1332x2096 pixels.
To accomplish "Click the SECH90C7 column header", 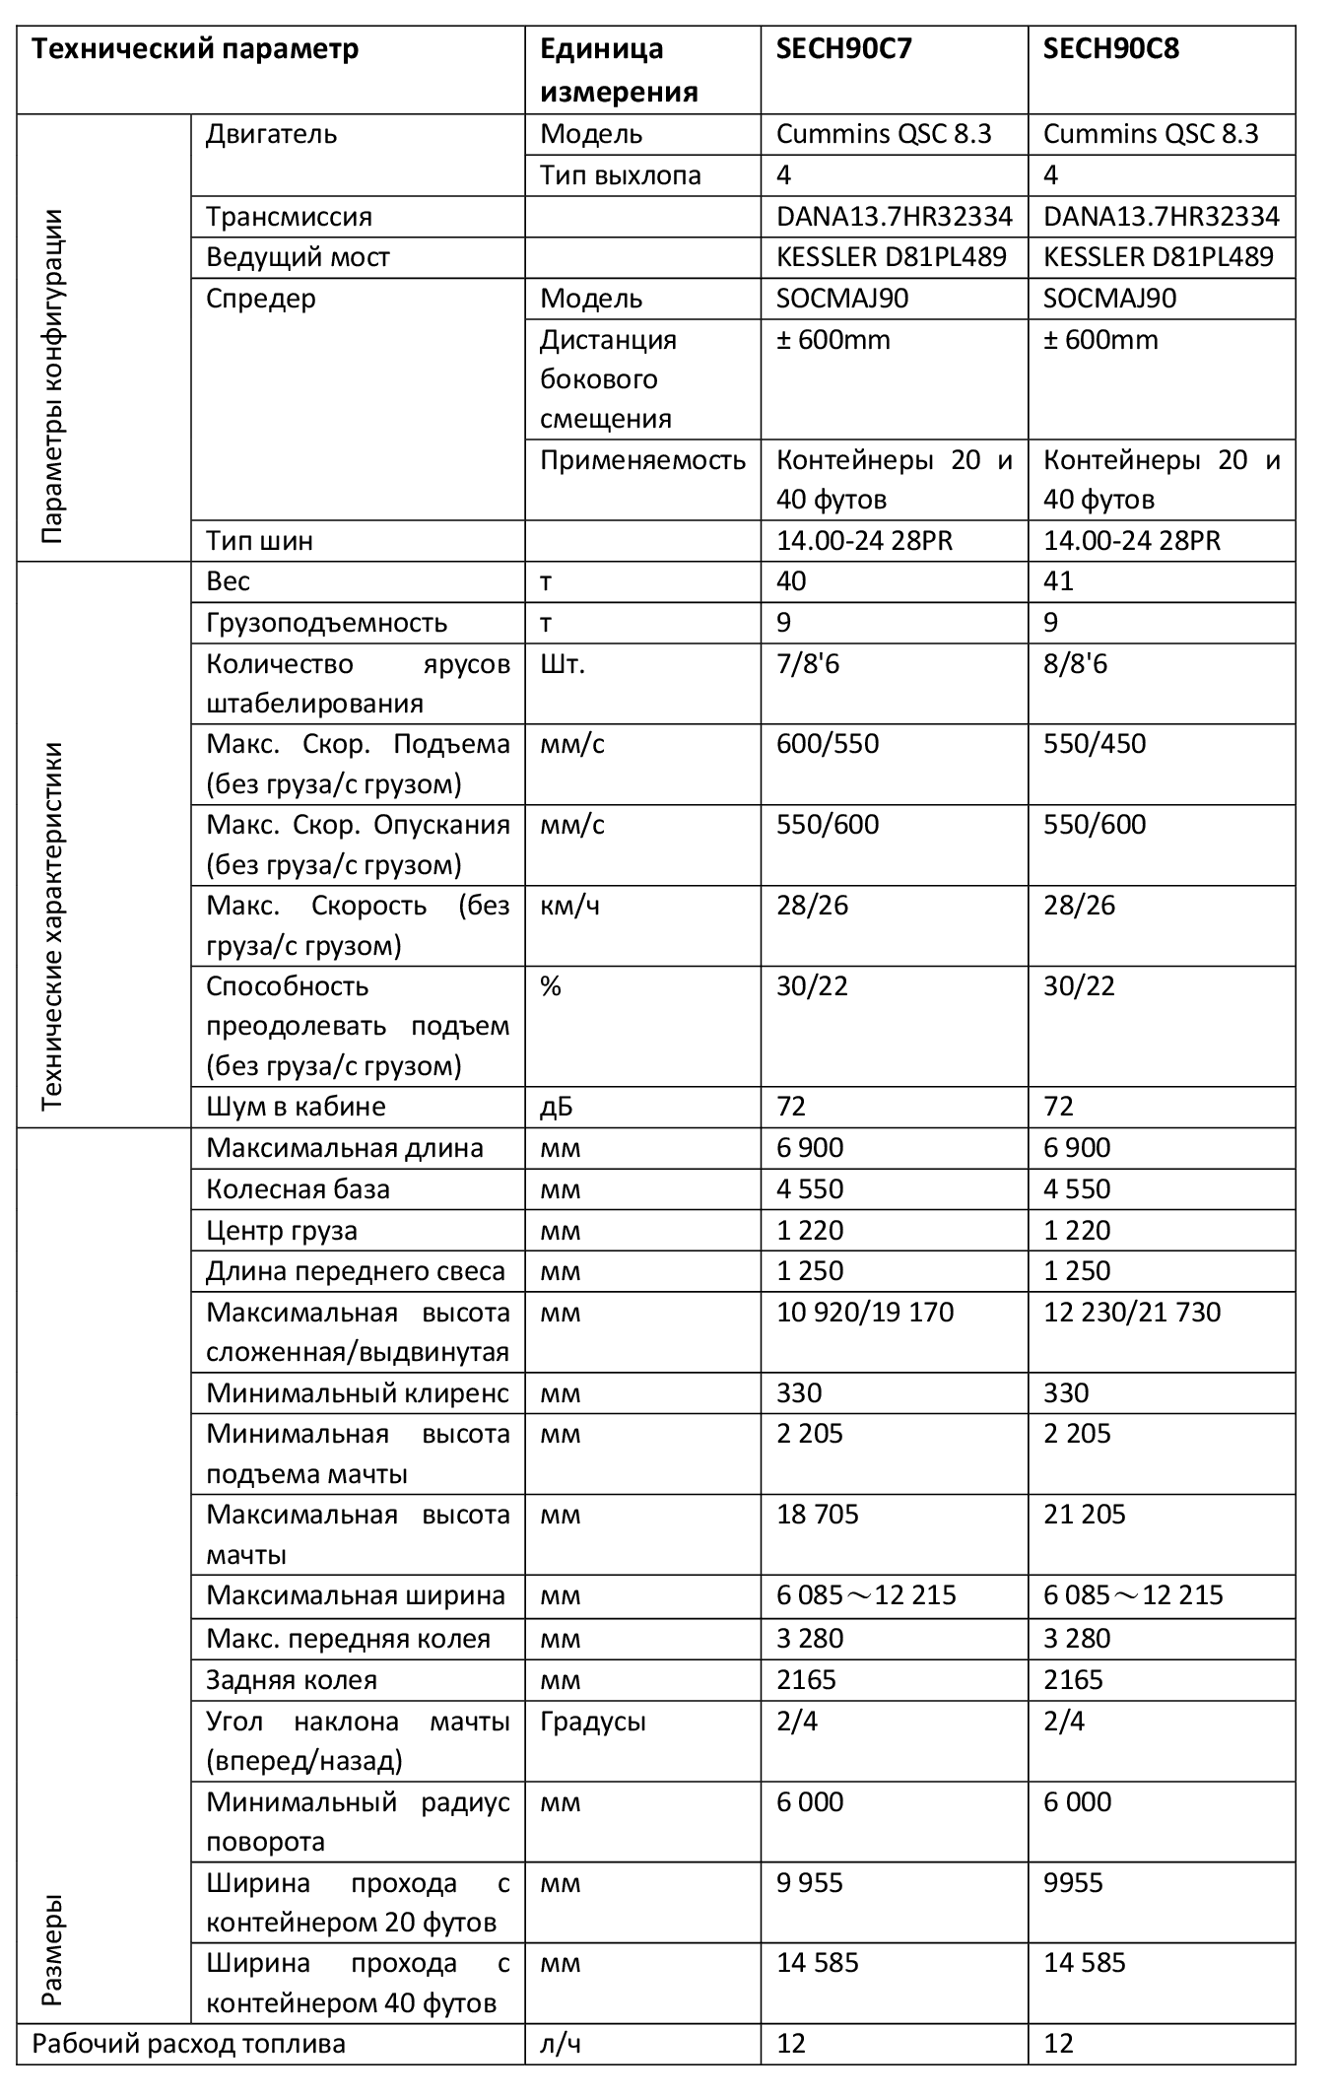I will pyautogui.click(x=843, y=49).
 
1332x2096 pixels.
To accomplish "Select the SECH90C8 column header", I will pyautogui.click(x=1110, y=49).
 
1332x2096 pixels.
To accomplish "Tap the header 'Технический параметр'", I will pyautogui.click(x=195, y=49).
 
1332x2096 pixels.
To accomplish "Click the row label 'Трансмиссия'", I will pyautogui.click(x=289, y=217).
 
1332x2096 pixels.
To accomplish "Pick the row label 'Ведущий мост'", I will pyautogui.click(x=298, y=257).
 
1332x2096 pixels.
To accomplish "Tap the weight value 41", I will pyautogui.click(x=1058, y=581).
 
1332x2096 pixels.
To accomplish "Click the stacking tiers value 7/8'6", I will pyautogui.click(x=808, y=664).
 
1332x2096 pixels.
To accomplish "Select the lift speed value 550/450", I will pyautogui.click(x=1095, y=744).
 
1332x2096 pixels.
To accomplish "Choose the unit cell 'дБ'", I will pyautogui.click(x=557, y=1107).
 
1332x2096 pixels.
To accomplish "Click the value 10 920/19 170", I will pyautogui.click(x=865, y=1313).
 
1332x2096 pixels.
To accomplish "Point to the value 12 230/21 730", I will pyautogui.click(x=1132, y=1313).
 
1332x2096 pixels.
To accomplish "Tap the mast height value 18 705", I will pyautogui.click(x=818, y=1515).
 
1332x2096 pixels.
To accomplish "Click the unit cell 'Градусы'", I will pyautogui.click(x=593, y=1722).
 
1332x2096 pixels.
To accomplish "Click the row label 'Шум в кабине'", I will pyautogui.click(x=296, y=1107).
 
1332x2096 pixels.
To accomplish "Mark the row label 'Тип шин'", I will pyautogui.click(x=260, y=541).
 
